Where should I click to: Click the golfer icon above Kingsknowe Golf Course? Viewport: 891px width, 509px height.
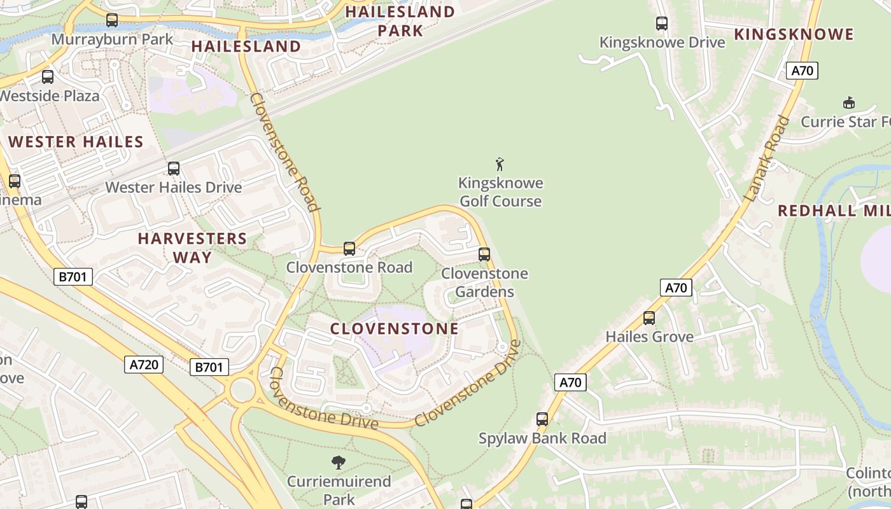(x=500, y=164)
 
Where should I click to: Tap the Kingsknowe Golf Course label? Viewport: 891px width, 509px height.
(x=500, y=192)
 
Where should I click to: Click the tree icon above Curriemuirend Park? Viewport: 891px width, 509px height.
(x=339, y=463)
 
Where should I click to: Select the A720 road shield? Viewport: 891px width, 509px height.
(x=144, y=365)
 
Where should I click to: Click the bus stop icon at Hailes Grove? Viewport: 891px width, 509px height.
(x=649, y=317)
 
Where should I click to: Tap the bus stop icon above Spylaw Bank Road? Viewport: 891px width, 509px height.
(x=542, y=419)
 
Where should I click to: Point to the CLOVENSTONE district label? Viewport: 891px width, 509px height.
(x=394, y=328)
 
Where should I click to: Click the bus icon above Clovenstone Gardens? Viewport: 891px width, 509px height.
(x=484, y=254)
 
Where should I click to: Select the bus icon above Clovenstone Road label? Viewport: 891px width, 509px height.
(x=349, y=248)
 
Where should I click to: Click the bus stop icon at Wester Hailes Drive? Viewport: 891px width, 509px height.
(x=173, y=169)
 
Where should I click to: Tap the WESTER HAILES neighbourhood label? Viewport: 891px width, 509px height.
(x=76, y=142)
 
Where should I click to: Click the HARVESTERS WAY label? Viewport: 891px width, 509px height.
(x=192, y=248)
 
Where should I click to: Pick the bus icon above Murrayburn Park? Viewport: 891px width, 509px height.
(x=112, y=20)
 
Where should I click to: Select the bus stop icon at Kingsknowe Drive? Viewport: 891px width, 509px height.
(x=662, y=24)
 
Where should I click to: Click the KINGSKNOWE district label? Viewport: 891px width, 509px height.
(x=794, y=34)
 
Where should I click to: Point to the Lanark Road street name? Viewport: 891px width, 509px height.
(x=766, y=159)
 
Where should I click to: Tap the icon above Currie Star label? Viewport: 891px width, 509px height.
(x=848, y=102)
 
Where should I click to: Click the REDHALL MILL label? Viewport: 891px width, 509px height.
(x=834, y=211)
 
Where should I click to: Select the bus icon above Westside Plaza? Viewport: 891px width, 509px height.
(x=48, y=77)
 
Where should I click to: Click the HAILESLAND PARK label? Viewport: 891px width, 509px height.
(x=400, y=20)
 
